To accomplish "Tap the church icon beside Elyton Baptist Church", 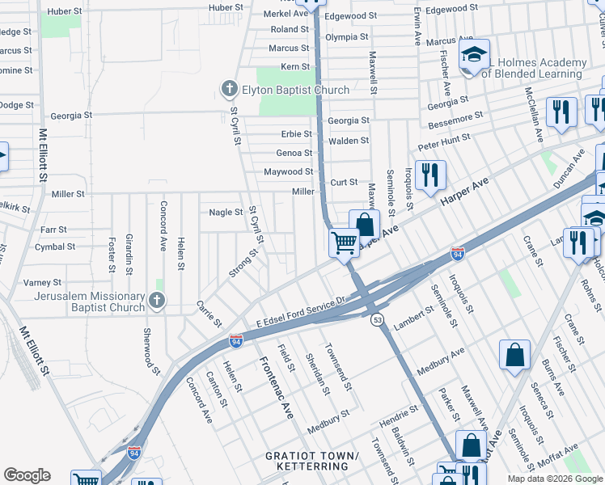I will coord(230,89).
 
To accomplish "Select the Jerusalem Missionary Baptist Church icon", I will coord(157,302).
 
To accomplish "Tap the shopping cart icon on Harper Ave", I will coord(345,242).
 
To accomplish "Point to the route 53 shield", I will coord(378,320).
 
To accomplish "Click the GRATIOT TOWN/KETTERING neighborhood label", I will coord(312,462).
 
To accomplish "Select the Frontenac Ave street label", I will coord(276,388).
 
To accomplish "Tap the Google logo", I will coord(27,475).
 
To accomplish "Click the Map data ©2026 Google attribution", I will coord(555,479).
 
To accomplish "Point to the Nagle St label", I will coord(226,213).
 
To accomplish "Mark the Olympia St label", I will coord(346,37).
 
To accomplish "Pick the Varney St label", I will coord(42,282).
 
